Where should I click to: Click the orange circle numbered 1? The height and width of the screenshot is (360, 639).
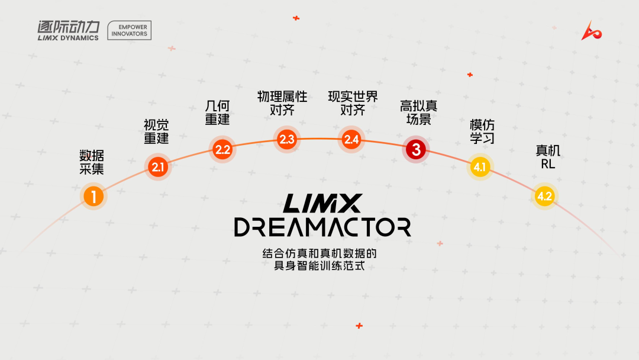point(93,196)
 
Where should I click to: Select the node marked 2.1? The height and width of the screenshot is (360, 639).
point(157,168)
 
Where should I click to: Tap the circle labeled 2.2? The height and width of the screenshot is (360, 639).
point(223,149)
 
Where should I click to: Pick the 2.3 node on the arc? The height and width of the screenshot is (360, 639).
point(287,140)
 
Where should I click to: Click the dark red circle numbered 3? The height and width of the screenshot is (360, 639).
point(416,150)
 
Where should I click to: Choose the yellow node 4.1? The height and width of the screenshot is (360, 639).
point(479,168)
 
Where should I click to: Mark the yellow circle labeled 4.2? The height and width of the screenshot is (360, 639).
point(544,197)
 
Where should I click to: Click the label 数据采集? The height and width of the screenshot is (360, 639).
point(92,162)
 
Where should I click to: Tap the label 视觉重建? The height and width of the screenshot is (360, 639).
point(156,131)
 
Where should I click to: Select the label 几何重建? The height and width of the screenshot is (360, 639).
point(217,112)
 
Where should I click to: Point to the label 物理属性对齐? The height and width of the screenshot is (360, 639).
point(282,103)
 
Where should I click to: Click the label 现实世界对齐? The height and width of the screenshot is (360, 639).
point(353,103)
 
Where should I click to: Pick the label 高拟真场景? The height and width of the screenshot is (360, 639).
point(418,112)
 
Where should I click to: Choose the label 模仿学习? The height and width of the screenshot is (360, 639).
point(482,131)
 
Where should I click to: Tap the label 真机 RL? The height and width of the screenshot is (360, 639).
point(548,157)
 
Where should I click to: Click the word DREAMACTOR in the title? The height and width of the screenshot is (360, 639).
point(322,227)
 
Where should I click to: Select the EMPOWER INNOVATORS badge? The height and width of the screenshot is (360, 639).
point(130,30)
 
